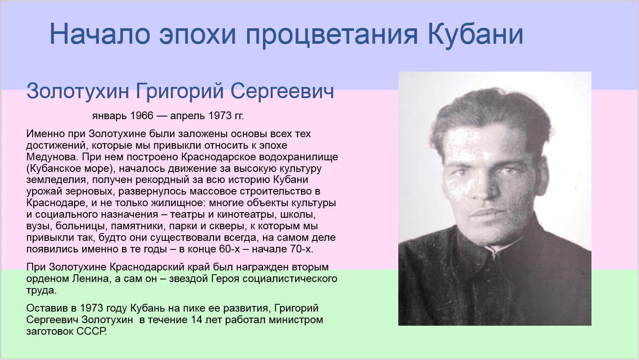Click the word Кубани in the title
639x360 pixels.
tap(475, 34)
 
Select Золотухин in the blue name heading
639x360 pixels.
tap(78, 91)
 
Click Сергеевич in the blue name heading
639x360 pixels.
tap(282, 91)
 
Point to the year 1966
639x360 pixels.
tap(142, 116)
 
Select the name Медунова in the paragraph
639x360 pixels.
tap(52, 157)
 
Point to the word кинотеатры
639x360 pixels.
tap(247, 214)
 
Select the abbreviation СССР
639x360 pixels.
tap(91, 331)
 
